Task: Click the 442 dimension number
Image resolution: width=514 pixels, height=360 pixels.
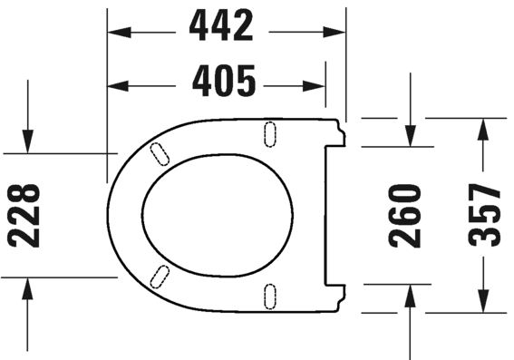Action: [x=221, y=28]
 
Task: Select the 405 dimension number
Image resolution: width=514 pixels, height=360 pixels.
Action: [x=221, y=84]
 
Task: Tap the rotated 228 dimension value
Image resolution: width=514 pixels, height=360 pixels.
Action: [x=24, y=216]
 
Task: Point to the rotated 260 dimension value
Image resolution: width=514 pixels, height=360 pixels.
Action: [x=405, y=216]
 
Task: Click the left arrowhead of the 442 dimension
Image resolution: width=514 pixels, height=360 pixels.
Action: [x=116, y=31]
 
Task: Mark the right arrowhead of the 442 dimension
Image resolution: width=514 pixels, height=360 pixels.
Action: [x=337, y=31]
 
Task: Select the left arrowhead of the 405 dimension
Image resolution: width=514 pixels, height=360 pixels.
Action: [x=116, y=86]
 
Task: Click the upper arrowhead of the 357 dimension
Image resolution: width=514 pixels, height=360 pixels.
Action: [x=485, y=126]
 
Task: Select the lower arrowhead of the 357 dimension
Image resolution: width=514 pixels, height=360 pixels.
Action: [x=485, y=304]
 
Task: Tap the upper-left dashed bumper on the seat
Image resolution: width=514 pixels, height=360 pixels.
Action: [x=159, y=154]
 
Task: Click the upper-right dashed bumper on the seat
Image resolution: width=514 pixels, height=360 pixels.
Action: [x=269, y=132]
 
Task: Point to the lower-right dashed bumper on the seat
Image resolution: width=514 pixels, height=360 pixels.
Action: [x=269, y=295]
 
